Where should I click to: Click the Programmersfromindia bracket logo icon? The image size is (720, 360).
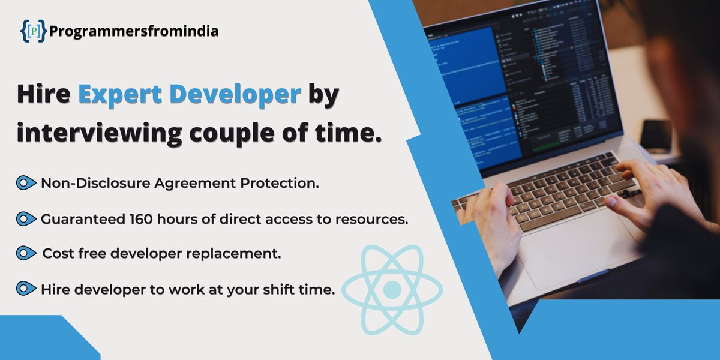(x=33, y=31)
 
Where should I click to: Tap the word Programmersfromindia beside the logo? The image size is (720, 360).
(x=134, y=31)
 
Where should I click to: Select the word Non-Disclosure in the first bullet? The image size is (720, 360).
(x=94, y=184)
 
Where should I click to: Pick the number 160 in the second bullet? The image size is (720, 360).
(x=143, y=219)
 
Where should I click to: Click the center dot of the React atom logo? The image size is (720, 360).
(x=392, y=290)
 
